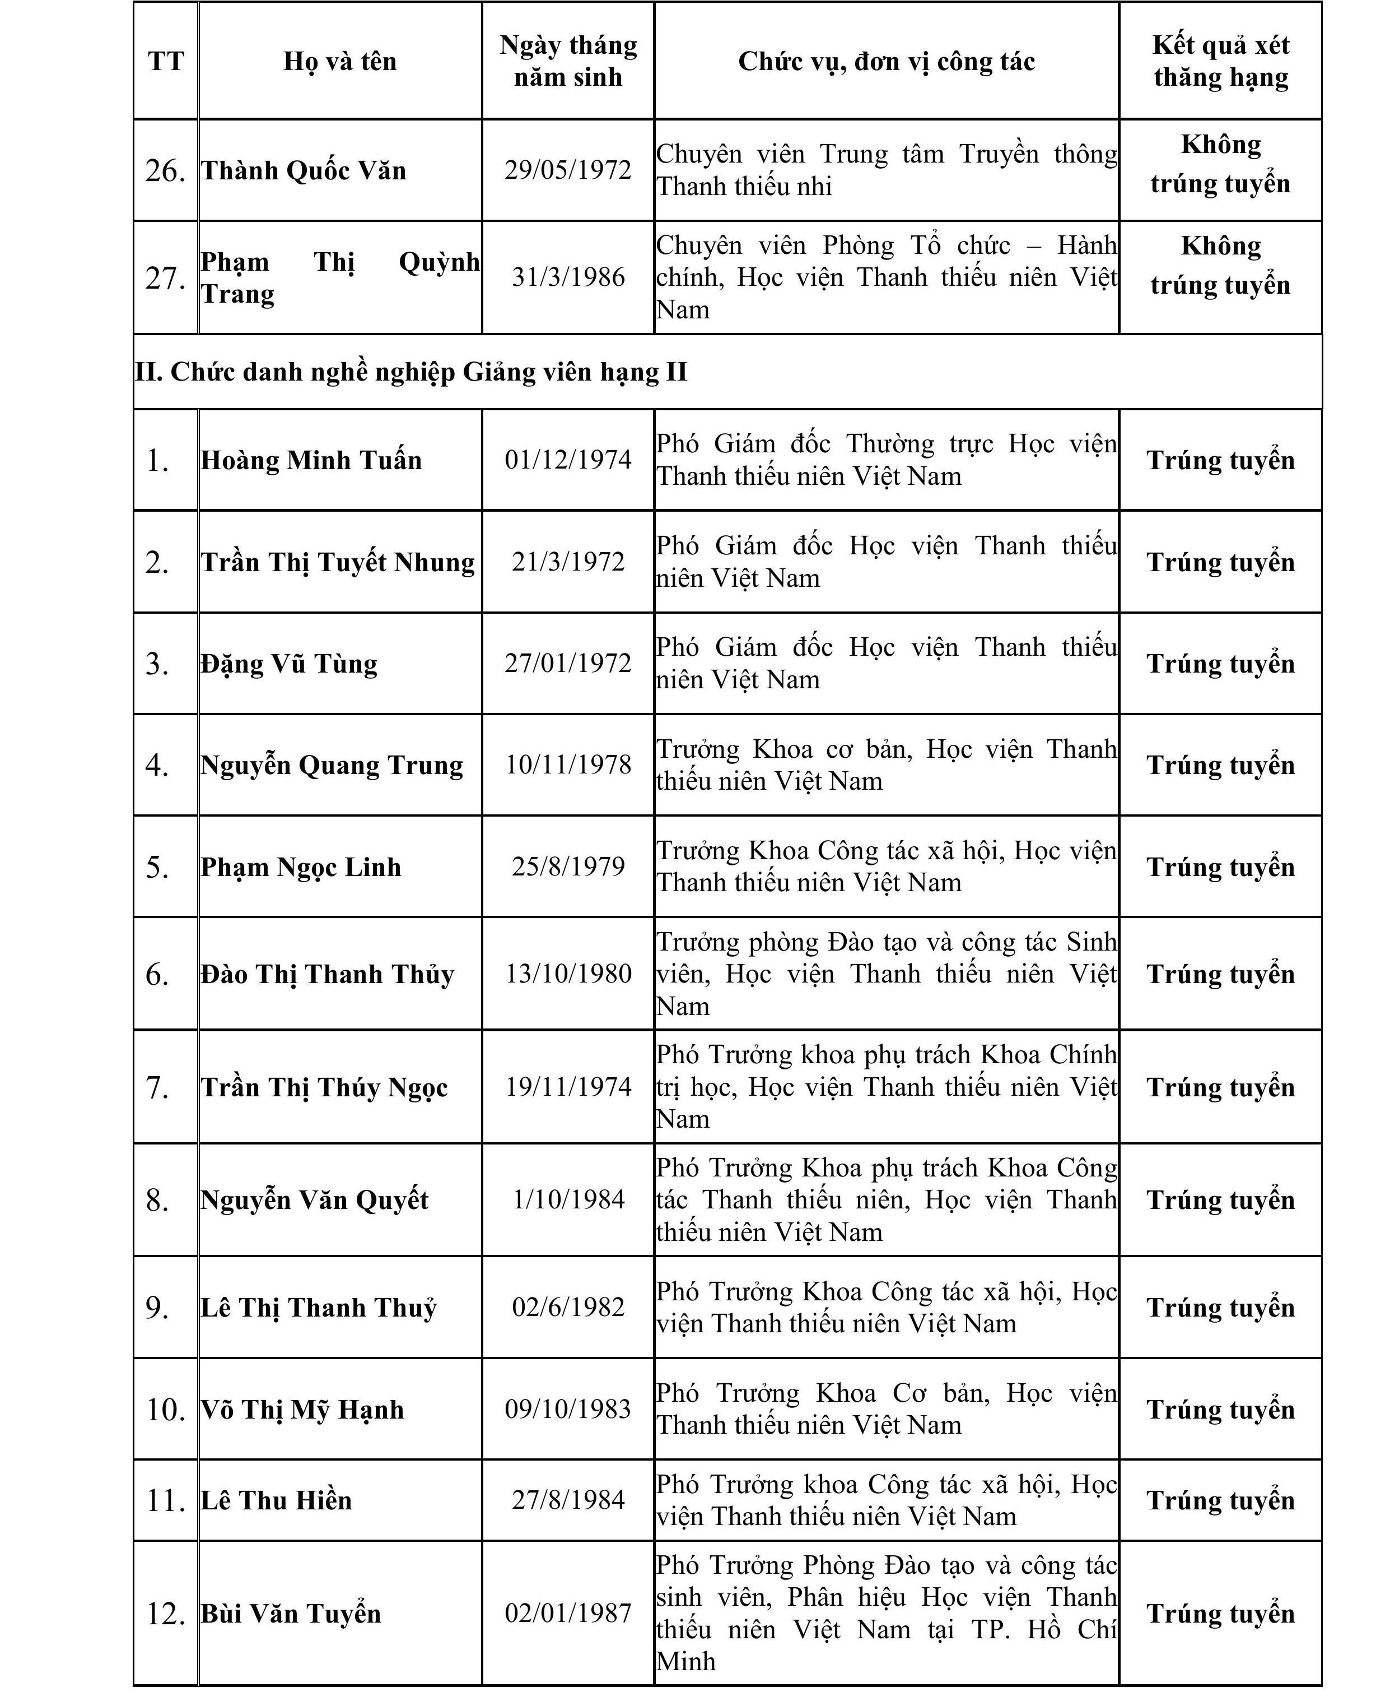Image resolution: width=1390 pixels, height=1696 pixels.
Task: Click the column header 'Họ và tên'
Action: tap(339, 62)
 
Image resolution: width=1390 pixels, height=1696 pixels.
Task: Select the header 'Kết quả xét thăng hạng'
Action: tap(1220, 61)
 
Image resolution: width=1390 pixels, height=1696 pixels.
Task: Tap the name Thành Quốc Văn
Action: tap(304, 170)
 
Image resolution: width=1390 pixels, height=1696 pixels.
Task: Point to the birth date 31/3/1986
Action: tap(568, 278)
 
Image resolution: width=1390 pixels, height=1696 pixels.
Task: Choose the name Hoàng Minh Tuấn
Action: tap(311, 461)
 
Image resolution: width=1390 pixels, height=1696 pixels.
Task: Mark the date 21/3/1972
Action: tap(568, 562)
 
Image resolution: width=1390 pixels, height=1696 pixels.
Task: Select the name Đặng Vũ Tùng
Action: tap(289, 664)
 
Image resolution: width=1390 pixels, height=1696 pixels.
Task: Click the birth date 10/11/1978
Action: tap(568, 765)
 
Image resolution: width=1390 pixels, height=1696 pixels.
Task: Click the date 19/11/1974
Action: tap(568, 1087)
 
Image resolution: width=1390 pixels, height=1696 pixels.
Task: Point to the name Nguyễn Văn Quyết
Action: tap(314, 1200)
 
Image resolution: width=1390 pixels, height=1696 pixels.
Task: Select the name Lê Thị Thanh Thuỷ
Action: tap(318, 1308)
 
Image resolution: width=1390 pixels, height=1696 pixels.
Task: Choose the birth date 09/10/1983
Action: tap(568, 1409)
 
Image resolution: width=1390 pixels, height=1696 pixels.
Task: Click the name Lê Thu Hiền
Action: tap(276, 1500)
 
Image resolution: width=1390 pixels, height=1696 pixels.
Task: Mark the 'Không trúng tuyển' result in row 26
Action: tap(1220, 164)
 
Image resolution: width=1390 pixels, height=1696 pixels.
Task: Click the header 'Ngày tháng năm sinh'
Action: tap(568, 61)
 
